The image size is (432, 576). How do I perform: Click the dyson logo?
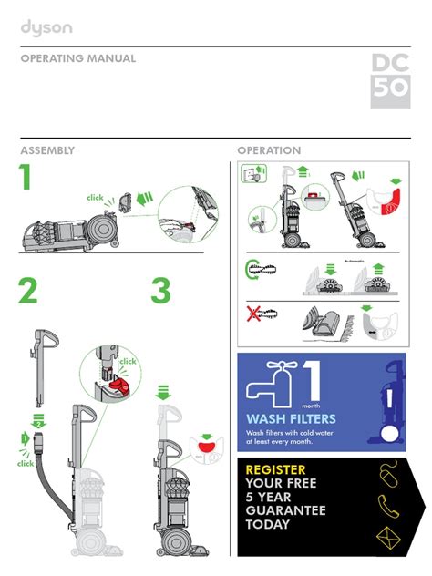point(46,28)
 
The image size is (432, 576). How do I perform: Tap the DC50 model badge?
point(390,81)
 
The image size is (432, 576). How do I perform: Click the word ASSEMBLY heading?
point(47,150)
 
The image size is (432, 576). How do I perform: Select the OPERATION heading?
point(269,150)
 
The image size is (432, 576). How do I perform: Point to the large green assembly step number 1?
point(25,177)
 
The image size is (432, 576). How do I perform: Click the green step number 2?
point(28,291)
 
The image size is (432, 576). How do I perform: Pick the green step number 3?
point(161,291)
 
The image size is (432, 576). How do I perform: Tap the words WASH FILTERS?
point(292,418)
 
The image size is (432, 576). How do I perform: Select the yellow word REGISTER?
point(275,470)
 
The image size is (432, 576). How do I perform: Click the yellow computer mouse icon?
point(387,474)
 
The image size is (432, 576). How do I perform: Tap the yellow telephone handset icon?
point(388,506)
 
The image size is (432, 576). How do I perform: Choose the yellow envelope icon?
point(388,539)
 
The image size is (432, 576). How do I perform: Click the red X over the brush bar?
point(253,314)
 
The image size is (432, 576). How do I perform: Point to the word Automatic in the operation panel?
point(355,261)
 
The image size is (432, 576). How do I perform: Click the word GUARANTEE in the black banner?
point(286,510)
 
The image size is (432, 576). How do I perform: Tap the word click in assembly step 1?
point(95,198)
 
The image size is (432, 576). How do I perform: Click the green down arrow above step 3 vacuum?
point(163,392)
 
